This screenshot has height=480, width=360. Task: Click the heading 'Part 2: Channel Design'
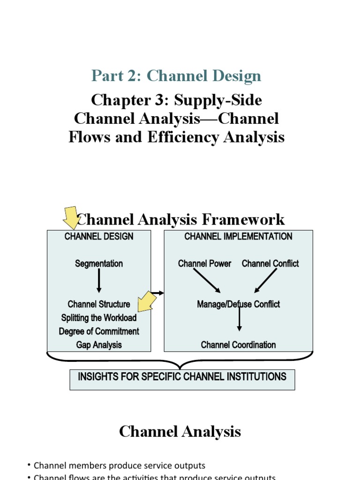pyautogui.click(x=176, y=75)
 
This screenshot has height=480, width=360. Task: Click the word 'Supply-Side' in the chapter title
pyautogui.click(x=224, y=100)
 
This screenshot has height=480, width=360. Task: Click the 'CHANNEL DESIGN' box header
pyautogui.click(x=99, y=237)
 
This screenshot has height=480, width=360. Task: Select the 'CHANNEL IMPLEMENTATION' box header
pyautogui.click(x=238, y=237)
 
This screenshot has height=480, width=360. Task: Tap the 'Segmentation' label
pyautogui.click(x=99, y=264)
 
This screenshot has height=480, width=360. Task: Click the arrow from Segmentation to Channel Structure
pyautogui.click(x=99, y=281)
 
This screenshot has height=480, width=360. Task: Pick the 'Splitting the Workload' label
pyautogui.click(x=99, y=318)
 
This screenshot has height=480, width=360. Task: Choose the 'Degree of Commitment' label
pyautogui.click(x=99, y=331)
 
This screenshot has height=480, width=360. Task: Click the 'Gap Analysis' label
pyautogui.click(x=99, y=345)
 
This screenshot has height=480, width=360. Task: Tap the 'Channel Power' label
pyautogui.click(x=204, y=264)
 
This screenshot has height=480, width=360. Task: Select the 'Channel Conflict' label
pyautogui.click(x=270, y=264)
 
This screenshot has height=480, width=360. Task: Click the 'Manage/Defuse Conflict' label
pyautogui.click(x=238, y=304)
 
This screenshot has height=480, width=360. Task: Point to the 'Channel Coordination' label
pyautogui.click(x=238, y=345)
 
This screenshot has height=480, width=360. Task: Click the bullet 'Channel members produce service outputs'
pyautogui.click(x=120, y=465)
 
